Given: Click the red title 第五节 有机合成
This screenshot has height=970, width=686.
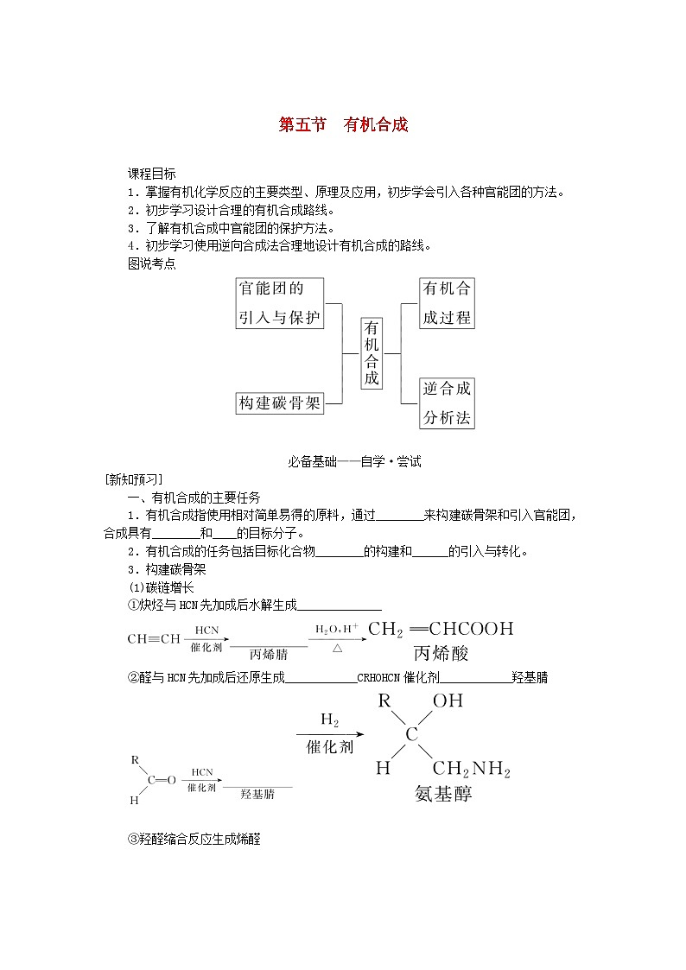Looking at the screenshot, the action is [343, 124].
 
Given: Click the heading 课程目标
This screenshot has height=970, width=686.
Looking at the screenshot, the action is [152, 174].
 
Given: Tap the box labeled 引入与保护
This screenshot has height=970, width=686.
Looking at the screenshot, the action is [279, 317].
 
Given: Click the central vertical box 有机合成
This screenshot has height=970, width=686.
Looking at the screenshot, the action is [372, 352].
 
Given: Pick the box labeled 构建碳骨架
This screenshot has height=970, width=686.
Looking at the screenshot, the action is [279, 403].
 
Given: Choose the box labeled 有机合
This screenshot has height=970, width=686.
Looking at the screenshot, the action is [447, 288].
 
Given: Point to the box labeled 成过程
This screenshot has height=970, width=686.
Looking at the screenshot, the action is [447, 317].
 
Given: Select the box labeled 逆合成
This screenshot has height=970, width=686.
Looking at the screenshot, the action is [447, 389].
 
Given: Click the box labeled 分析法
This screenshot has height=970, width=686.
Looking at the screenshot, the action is [447, 418].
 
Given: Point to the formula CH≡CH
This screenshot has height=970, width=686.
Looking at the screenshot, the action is [154, 639].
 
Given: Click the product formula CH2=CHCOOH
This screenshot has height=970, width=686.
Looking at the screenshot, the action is [441, 629].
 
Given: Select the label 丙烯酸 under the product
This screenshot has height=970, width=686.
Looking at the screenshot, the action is [441, 653].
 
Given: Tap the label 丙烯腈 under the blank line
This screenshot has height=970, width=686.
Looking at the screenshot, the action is [268, 654].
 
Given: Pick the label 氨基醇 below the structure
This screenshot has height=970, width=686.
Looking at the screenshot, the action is [443, 794].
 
